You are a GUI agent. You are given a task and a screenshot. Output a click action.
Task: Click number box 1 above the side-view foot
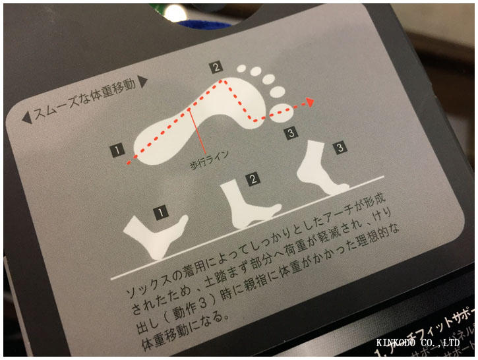coord(159,212)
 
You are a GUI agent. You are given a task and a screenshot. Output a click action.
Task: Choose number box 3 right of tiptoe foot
coord(340,147)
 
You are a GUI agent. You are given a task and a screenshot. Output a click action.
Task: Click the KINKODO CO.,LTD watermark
coord(417,343)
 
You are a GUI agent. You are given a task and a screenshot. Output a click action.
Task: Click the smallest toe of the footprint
coord(241,68)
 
